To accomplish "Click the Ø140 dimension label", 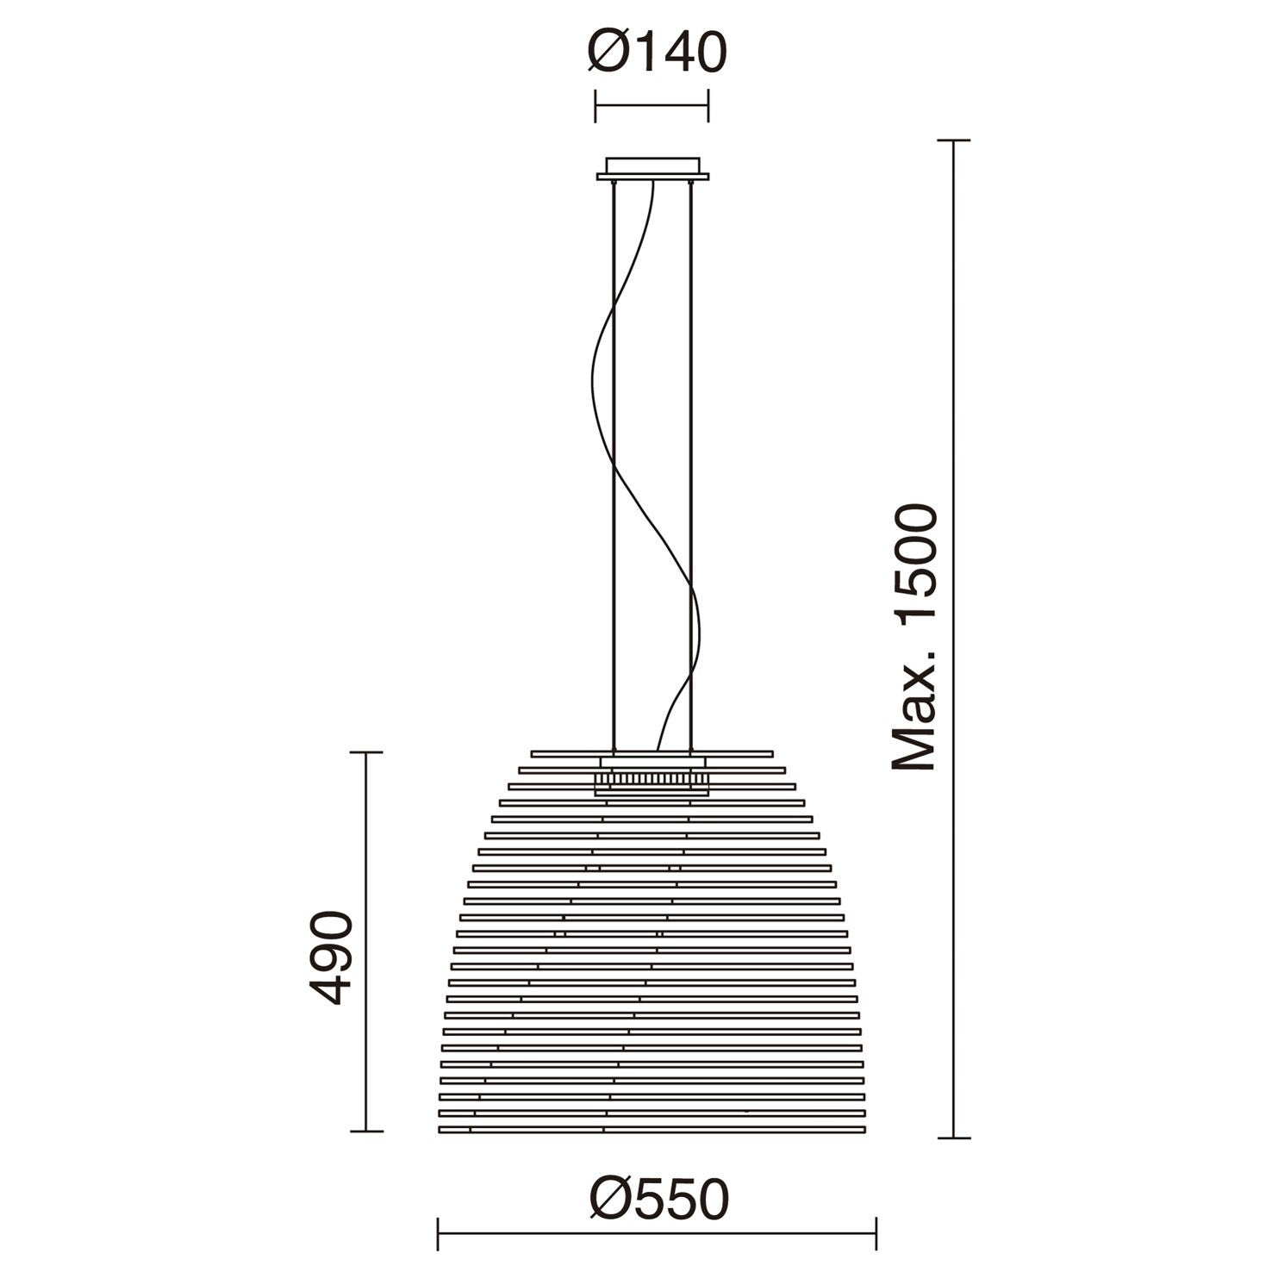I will coord(658,53).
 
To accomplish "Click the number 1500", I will coord(913,558).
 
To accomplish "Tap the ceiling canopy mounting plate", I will coord(652,169).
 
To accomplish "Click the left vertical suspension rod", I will coord(613,465).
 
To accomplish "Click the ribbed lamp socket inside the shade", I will coord(652,779).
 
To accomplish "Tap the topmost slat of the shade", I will coord(652,752).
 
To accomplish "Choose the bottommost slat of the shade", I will coord(652,1127).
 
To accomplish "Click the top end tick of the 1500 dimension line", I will coord(952,140).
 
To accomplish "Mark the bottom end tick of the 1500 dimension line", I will coord(952,1138).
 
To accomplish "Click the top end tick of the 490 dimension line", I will coord(367,752).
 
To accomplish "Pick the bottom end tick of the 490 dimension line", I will coord(367,1131).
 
